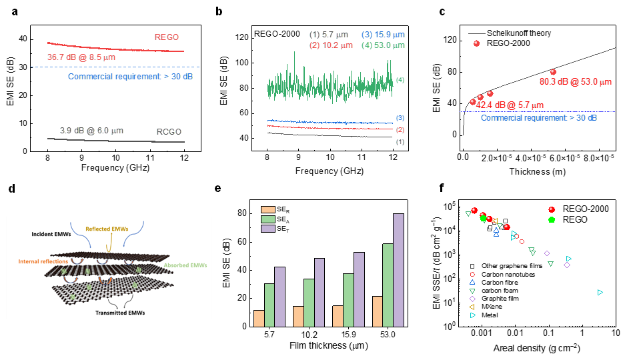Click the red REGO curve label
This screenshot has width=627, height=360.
coord(166,37)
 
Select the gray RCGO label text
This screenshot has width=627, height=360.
coord(169,131)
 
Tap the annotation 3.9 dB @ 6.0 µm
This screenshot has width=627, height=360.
coord(91,130)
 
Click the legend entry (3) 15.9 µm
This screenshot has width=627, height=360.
coord(383,35)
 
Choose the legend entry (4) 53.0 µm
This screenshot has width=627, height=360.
coord(383,45)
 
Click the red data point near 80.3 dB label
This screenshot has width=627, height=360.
coord(553,72)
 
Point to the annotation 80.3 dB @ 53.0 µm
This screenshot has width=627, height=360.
coord(575,82)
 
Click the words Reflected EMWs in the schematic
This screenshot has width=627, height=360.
coord(111,229)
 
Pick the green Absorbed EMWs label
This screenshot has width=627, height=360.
coord(186,265)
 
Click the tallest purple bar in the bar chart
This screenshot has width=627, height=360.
coord(399,270)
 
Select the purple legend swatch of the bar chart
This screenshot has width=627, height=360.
coord(268,229)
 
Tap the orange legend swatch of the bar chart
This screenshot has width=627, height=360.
coord(268,209)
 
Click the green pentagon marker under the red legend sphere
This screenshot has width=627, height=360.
coord(552,219)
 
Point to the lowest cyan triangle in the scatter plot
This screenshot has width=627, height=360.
coord(600,292)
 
